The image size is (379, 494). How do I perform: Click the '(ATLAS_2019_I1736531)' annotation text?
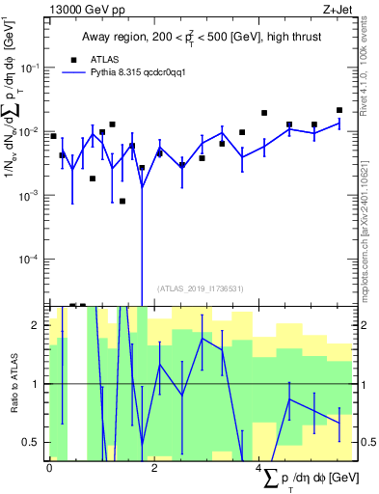[x=201, y=288]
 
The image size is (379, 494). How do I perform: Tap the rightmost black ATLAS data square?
[x=339, y=110]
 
